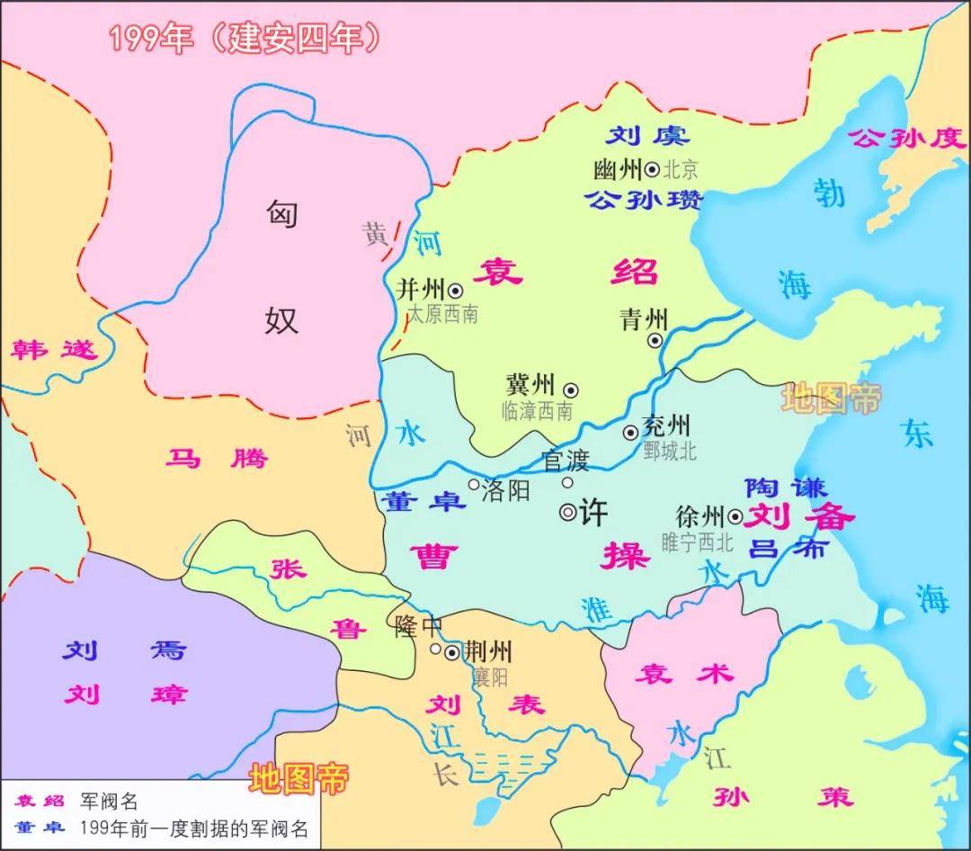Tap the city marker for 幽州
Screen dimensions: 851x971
pyautogui.click(x=653, y=168)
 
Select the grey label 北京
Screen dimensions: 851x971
pyautogui.click(x=681, y=169)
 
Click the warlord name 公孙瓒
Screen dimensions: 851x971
pyautogui.click(x=644, y=200)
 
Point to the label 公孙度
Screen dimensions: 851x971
pyautogui.click(x=906, y=138)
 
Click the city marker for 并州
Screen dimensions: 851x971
pyautogui.click(x=456, y=290)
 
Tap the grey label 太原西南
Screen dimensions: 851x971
pyautogui.click(x=442, y=314)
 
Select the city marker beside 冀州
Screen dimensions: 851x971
pyautogui.click(x=570, y=390)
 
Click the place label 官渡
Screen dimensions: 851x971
pyautogui.click(x=566, y=461)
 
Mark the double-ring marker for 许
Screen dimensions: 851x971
pyautogui.click(x=568, y=513)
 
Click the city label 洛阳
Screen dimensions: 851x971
pyautogui.click(x=507, y=490)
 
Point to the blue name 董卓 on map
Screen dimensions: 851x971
pyautogui.click(x=422, y=501)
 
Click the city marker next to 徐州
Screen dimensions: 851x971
pyautogui.click(x=735, y=516)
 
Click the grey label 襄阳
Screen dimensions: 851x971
pyautogui.click(x=490, y=676)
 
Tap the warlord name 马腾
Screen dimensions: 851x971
pyautogui.click(x=217, y=459)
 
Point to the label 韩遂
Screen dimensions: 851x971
pyautogui.click(x=54, y=349)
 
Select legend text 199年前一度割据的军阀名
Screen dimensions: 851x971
pyautogui.click(x=193, y=829)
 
